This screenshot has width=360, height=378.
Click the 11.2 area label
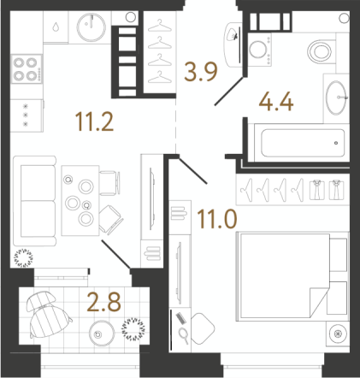click(94, 122)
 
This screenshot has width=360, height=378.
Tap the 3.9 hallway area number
click(201, 72)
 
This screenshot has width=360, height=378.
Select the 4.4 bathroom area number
click(276, 102)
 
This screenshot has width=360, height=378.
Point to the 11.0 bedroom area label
click(217, 219)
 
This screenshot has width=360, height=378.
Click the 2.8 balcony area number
click(104, 302)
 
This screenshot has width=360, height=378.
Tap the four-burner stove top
click(27, 69)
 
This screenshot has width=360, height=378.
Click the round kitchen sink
click(91, 27)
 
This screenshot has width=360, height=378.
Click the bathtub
click(302, 143)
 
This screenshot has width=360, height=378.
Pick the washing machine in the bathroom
click(259, 50)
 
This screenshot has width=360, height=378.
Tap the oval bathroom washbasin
click(337, 97)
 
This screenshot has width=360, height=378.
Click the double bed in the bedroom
click(285, 276)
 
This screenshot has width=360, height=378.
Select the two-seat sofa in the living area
click(34, 201)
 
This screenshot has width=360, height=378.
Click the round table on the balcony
click(102, 334)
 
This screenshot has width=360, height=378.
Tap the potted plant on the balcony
click(133, 329)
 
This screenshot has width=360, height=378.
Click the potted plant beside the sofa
click(24, 258)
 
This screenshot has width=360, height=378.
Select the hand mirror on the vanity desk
click(184, 335)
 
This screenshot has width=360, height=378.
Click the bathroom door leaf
click(229, 91)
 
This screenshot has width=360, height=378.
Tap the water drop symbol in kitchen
click(56, 27)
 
